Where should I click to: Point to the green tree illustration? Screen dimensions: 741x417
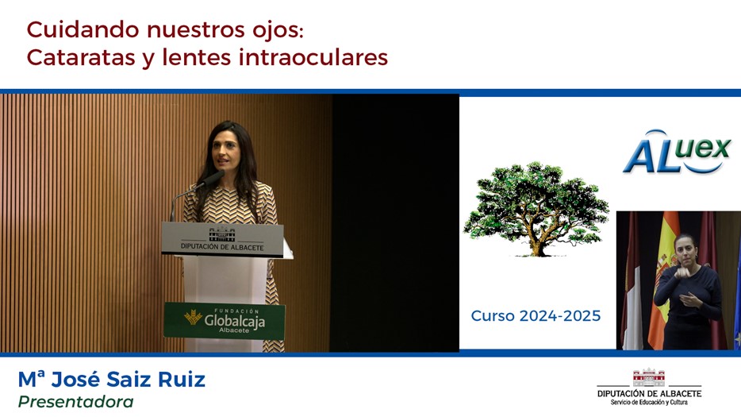pyautogui.click(x=536, y=209)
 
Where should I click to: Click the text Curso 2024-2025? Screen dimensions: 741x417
pyautogui.click(x=536, y=315)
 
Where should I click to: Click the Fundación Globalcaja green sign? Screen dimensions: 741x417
pyautogui.click(x=225, y=320)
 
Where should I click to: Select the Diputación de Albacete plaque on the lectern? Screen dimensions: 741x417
pyautogui.click(x=222, y=240)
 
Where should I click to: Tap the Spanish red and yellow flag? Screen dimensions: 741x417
pyautogui.click(x=664, y=280)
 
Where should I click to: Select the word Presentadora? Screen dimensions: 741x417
pyautogui.click(x=75, y=402)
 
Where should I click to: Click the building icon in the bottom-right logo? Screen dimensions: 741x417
pyautogui.click(x=649, y=378)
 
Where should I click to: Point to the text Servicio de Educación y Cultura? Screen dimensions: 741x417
pyautogui.click(x=649, y=403)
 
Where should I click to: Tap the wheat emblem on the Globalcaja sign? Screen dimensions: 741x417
pyautogui.click(x=194, y=317)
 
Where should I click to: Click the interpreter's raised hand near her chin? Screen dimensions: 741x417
pyautogui.click(x=681, y=272)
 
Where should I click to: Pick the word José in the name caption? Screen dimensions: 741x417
pyautogui.click(x=75, y=380)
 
